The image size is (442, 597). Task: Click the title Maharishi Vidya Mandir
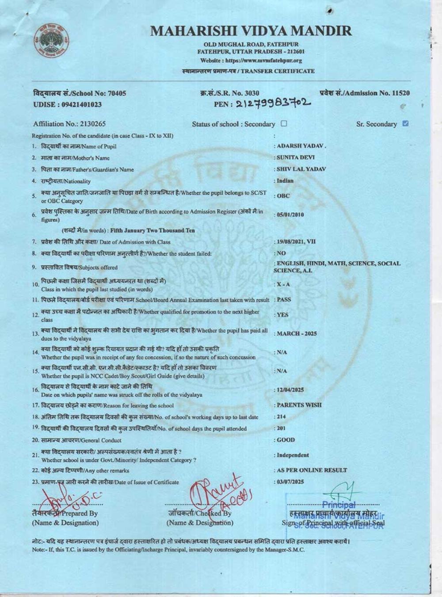(251, 31)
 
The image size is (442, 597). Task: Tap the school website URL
(251, 61)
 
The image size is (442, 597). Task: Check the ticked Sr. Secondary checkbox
(405, 124)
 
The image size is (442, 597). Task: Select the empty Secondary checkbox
(284, 124)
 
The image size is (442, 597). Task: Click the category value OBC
(283, 196)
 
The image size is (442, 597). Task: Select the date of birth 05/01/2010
(290, 215)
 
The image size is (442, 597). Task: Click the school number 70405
(117, 93)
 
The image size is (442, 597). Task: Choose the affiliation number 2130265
(90, 124)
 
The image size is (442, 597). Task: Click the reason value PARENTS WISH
(299, 405)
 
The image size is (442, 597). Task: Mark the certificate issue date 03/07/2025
(290, 482)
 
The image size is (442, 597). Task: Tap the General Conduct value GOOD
(286, 440)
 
